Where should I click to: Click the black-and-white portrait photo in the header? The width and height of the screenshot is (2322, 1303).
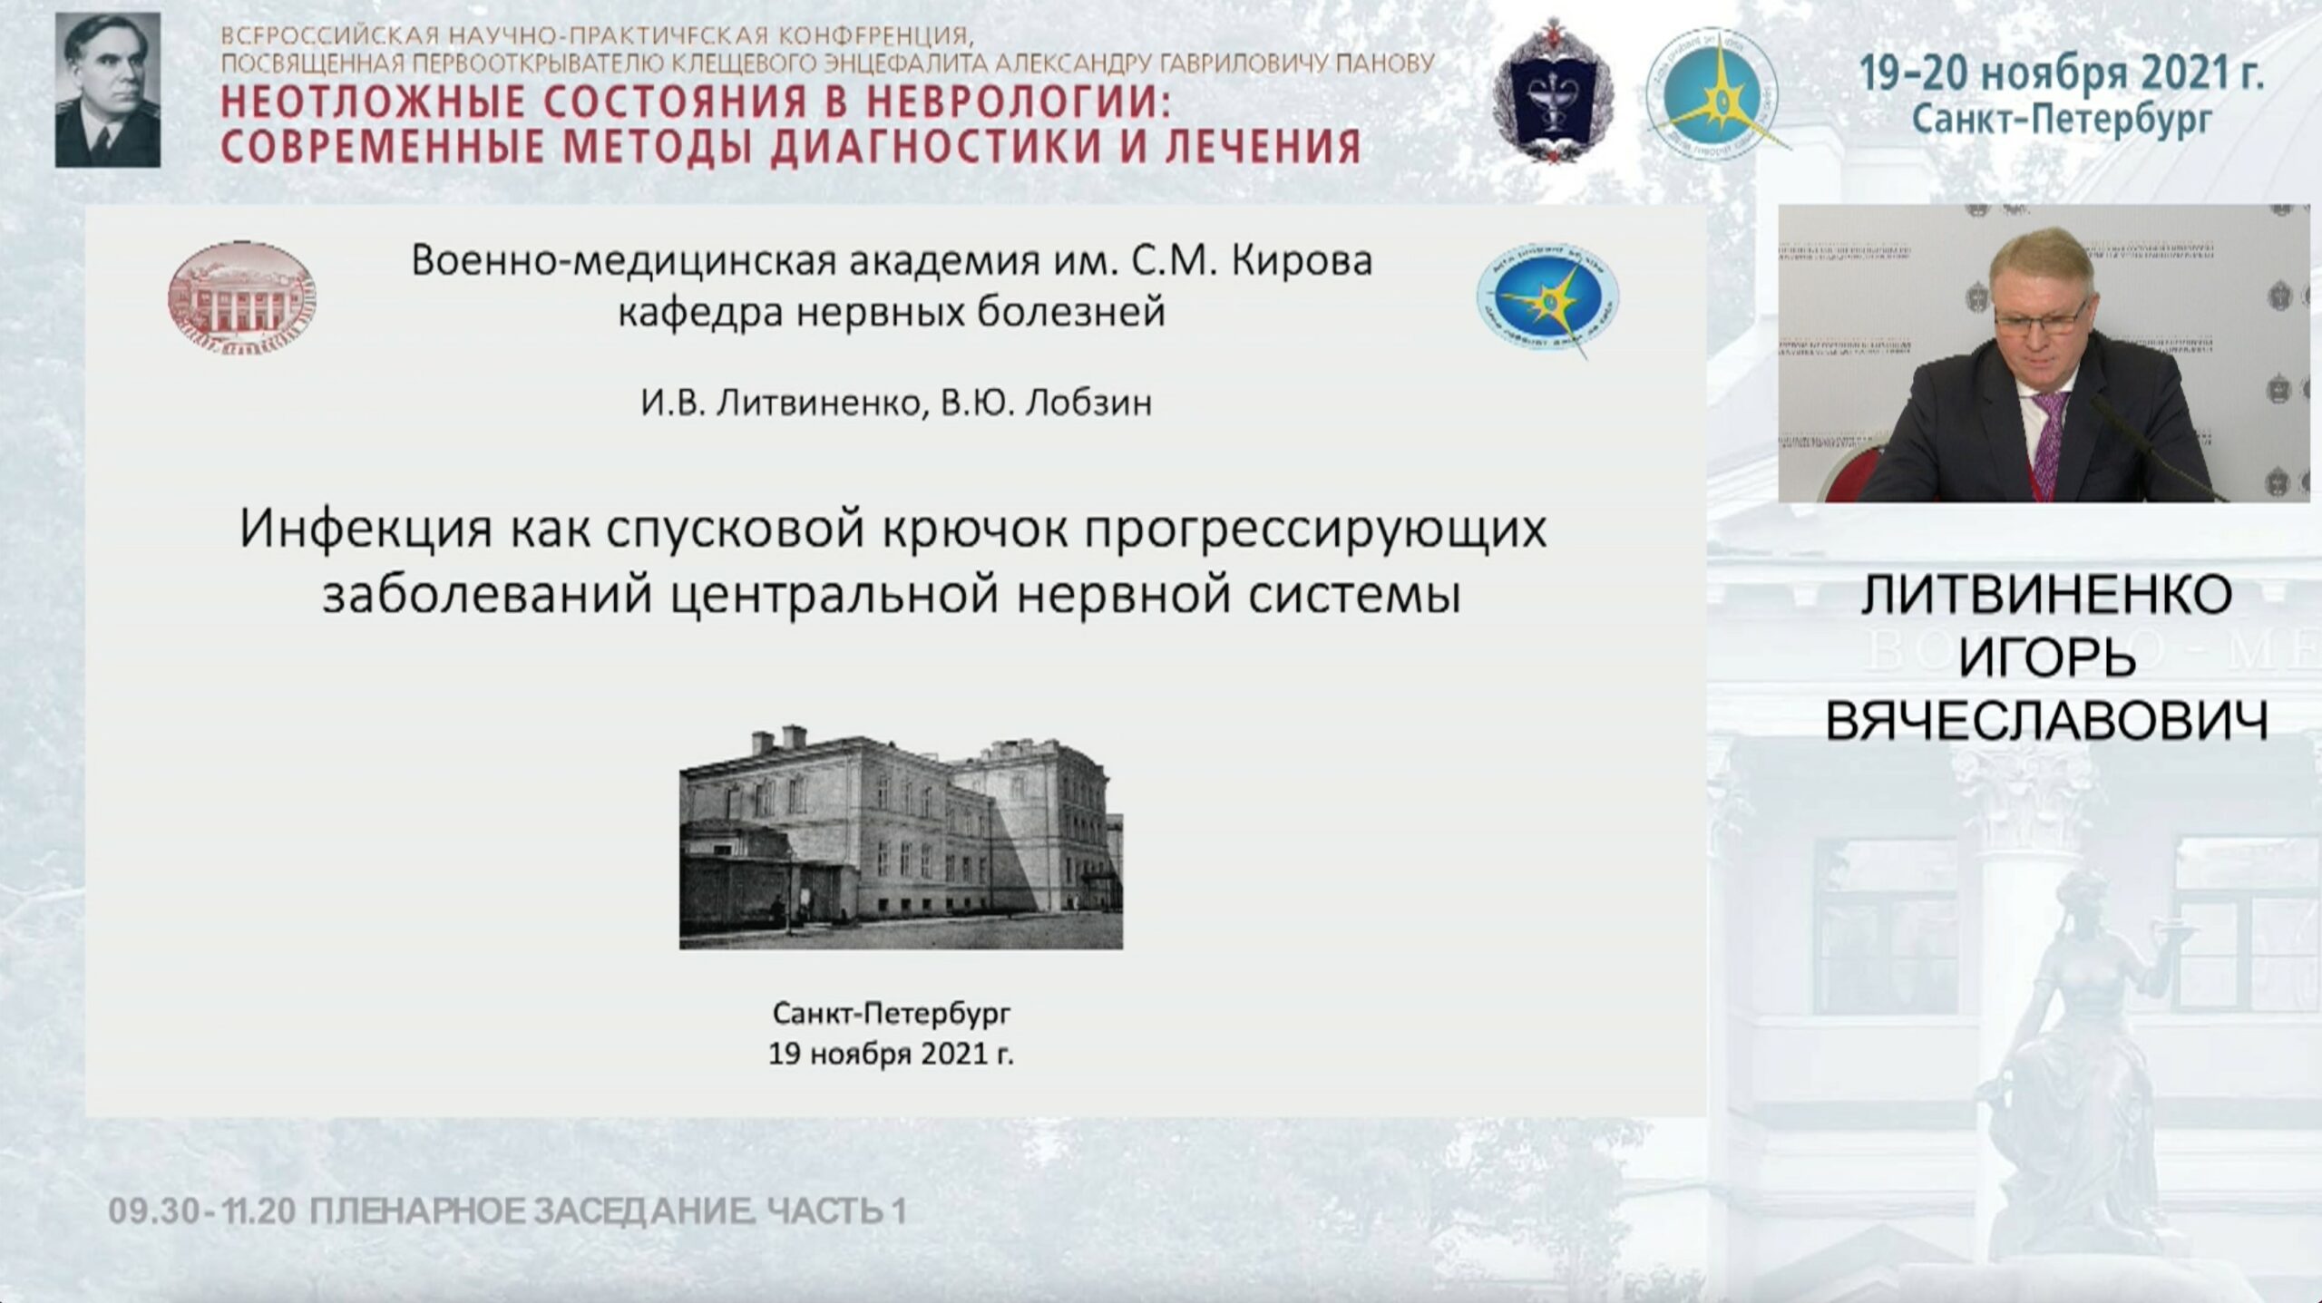point(107,91)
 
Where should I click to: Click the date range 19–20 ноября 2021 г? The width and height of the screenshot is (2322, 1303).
point(2062,73)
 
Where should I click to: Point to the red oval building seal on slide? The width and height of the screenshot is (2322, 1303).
point(242,297)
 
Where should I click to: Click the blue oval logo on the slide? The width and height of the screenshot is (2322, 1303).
point(1548,300)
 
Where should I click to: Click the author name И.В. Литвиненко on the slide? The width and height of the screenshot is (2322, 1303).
point(781,403)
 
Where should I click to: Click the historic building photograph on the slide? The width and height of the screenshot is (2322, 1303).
point(901,837)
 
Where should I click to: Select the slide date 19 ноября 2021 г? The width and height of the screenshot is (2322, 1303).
point(891,1055)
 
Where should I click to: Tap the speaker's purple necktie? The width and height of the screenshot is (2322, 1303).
point(2050,444)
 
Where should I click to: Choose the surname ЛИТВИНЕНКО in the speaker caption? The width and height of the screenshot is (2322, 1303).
point(2047,596)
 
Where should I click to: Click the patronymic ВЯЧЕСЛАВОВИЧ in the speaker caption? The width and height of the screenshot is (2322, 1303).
point(2047,721)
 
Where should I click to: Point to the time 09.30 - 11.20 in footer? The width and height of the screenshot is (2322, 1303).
point(202,1211)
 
